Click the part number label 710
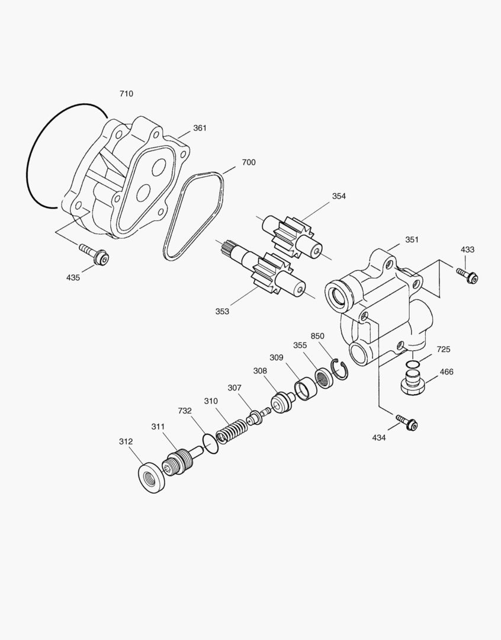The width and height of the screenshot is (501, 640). click(126, 94)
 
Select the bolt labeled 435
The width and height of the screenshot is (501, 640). click(96, 255)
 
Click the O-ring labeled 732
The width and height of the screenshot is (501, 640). click(210, 442)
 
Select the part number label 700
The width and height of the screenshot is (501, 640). click(249, 162)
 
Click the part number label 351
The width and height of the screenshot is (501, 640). click(412, 239)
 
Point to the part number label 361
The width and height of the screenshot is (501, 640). click(200, 128)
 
